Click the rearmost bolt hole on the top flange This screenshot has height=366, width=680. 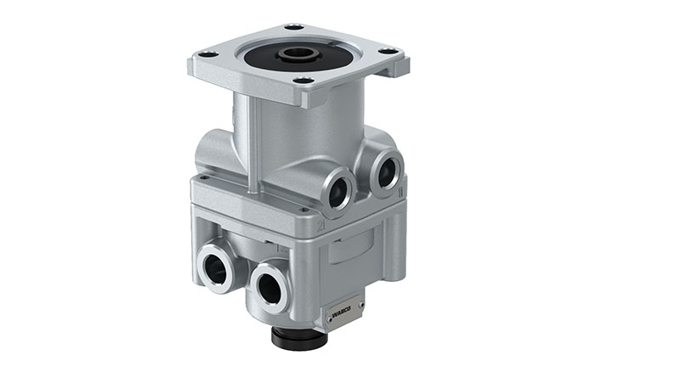pos(294,26)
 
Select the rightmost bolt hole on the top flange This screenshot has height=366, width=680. pos(390,52)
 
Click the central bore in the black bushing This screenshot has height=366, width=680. pos(297,52)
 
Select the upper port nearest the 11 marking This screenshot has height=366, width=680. pos(385,172)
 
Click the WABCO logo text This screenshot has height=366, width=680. pos(345,313)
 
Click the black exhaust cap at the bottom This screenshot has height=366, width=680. pos(299,336)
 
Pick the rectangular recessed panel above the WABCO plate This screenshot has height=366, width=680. pos(348,251)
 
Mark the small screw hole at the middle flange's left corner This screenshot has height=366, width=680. pos(204,178)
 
